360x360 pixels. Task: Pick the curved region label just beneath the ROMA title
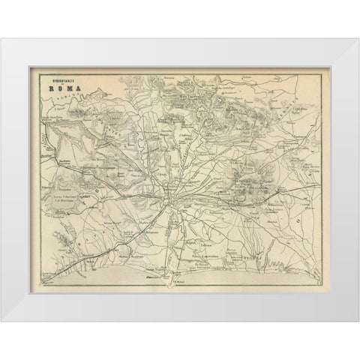pyautogui.click(x=71, y=94)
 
